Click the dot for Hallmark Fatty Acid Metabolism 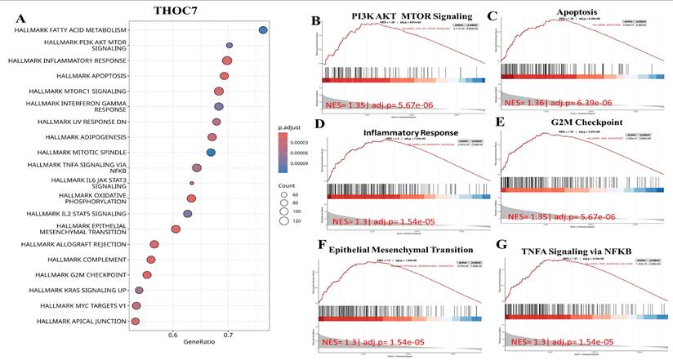[x=263, y=30]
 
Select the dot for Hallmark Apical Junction [x=136, y=322]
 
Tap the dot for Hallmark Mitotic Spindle [x=211, y=152]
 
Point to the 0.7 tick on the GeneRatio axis [x=228, y=335]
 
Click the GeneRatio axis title [x=200, y=347]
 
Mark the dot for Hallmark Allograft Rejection [x=154, y=244]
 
